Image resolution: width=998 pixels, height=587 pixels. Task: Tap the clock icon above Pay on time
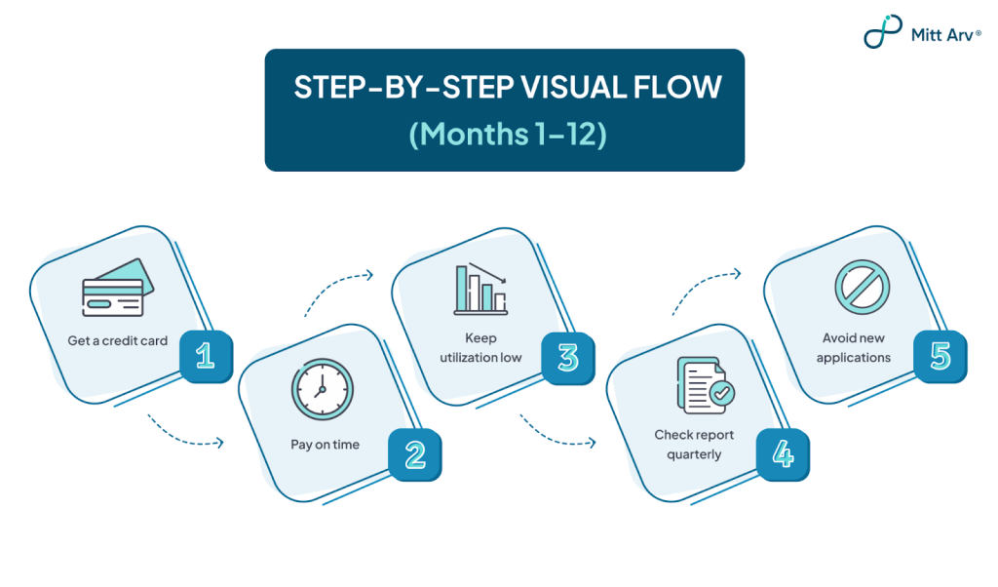pyautogui.click(x=322, y=389)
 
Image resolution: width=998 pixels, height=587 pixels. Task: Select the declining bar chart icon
pyautogui.click(x=481, y=289)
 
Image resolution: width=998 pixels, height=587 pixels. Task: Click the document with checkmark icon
pyautogui.click(x=706, y=385)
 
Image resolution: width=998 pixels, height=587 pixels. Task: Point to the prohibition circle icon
pyautogui.click(x=863, y=287)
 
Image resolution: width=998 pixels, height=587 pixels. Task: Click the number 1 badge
pyautogui.click(x=206, y=356)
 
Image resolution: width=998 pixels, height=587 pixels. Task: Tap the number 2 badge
pyautogui.click(x=415, y=454)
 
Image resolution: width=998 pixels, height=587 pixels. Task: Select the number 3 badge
pyautogui.click(x=568, y=358)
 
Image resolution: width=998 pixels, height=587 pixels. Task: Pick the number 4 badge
pyautogui.click(x=783, y=454)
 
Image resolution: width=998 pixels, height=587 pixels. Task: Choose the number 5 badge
pyautogui.click(x=940, y=357)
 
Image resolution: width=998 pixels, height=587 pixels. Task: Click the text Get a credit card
pyautogui.click(x=118, y=340)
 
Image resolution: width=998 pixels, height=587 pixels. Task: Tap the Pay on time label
pyautogui.click(x=326, y=445)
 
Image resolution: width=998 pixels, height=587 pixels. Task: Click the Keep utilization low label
pyautogui.click(x=480, y=347)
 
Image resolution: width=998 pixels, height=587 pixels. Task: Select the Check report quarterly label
pyautogui.click(x=694, y=445)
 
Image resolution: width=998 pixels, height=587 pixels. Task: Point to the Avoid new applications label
pyautogui.click(x=854, y=347)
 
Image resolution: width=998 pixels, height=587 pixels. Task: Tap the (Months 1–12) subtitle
pyautogui.click(x=507, y=135)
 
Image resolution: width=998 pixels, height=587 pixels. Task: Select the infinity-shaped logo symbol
pyautogui.click(x=883, y=31)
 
